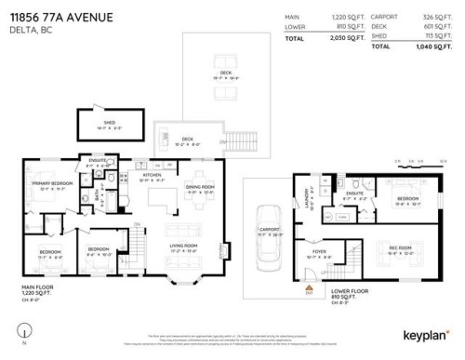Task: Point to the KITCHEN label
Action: click(152, 174)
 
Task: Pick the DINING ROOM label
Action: click(201, 187)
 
